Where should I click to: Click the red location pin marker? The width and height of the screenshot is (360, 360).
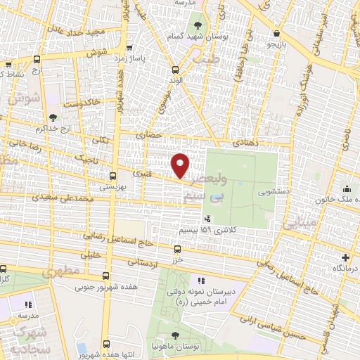point(181,165)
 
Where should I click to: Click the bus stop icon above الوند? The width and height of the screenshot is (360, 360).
point(175,69)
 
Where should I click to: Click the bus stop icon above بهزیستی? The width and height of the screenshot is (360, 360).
point(112,176)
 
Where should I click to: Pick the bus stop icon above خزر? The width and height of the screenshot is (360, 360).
point(176,248)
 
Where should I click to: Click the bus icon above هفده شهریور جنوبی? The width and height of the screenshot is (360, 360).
point(106,276)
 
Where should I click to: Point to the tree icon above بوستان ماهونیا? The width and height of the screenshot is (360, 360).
point(175,335)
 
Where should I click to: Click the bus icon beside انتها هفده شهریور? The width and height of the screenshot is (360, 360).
point(106,344)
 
